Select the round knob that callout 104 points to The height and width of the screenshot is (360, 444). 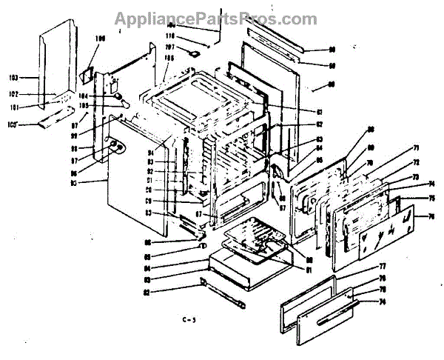(x=116, y=96)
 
